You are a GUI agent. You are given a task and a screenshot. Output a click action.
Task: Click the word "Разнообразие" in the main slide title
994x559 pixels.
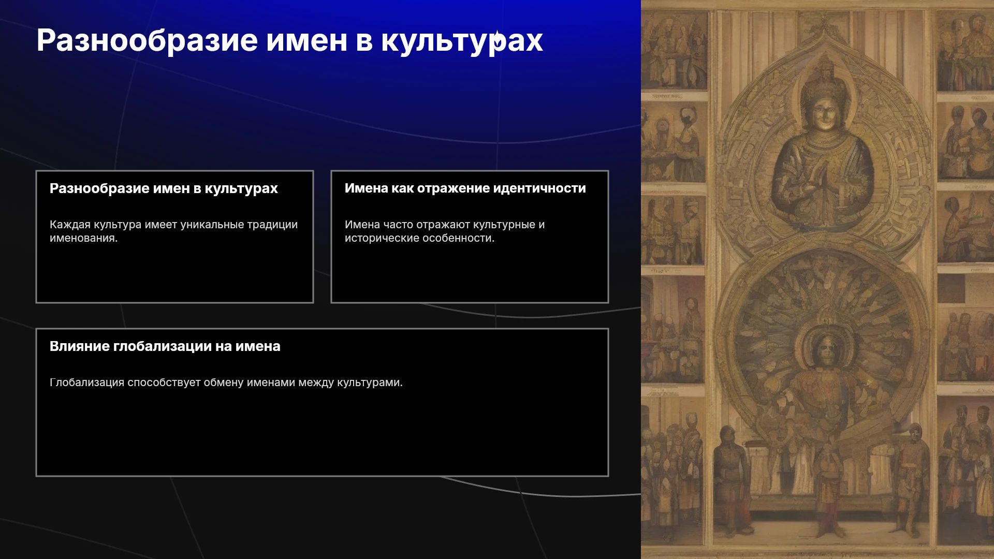click(x=147, y=41)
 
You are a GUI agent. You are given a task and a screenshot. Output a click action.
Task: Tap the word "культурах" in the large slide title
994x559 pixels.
click(x=462, y=41)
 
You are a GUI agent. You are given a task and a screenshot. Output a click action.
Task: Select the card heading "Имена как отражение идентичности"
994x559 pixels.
click(x=465, y=188)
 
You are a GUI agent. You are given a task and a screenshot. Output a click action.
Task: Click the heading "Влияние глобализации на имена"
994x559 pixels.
click(x=165, y=346)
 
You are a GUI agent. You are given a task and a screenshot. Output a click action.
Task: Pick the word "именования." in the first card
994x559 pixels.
click(x=84, y=238)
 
